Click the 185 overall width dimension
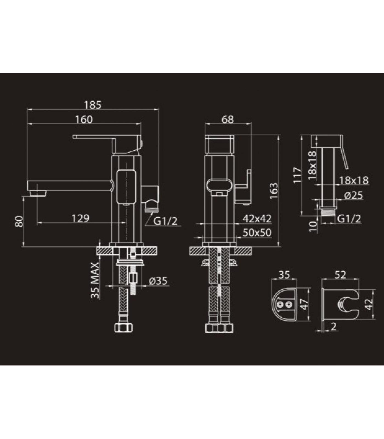(93, 105)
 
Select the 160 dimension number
(84, 120)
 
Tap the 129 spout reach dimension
(80, 218)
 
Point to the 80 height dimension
(19, 221)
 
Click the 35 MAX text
(95, 280)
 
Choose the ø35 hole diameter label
(158, 281)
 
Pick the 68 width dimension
(228, 119)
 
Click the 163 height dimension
(274, 191)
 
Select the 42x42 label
(257, 218)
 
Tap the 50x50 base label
(257, 232)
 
